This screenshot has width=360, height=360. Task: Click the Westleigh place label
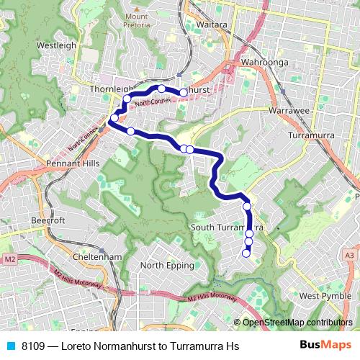(56, 45)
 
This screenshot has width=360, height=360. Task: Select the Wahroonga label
(265, 63)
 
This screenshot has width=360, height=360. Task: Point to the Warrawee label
(289, 112)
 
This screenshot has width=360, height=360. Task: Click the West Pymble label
(325, 296)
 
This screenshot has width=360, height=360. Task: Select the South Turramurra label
(226, 228)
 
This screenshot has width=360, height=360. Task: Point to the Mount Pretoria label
(137, 20)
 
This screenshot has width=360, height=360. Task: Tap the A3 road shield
(350, 256)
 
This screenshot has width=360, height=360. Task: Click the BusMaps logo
(325, 345)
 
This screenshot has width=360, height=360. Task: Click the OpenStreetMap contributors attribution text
(297, 322)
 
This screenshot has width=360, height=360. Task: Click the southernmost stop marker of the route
(246, 252)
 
